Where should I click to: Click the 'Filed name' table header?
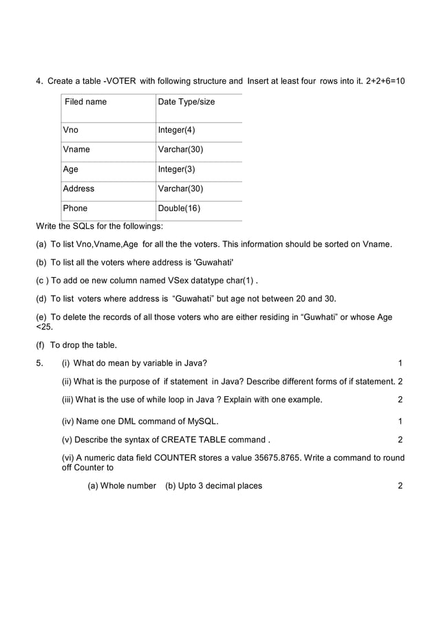coord(86,102)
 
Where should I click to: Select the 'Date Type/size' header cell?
coord(186,102)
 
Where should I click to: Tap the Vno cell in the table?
coord(70,130)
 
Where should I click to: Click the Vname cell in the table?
coord(76,149)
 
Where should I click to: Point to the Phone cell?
coord(75,208)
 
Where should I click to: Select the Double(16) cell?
coord(179,208)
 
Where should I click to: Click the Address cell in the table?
coord(78,188)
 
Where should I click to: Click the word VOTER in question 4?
coord(122,81)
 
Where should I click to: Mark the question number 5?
coord(39,363)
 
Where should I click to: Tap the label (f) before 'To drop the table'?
coord(41,345)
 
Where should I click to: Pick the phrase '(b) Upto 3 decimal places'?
coord(213,486)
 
